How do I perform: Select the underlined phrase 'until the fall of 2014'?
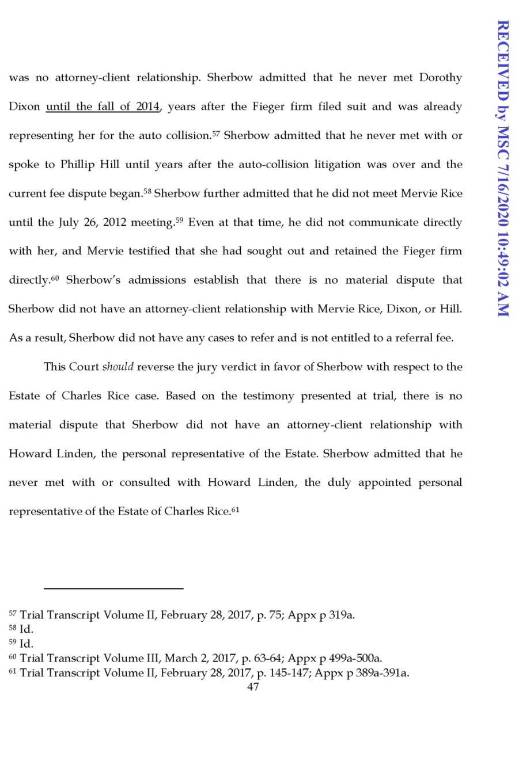[x=103, y=107]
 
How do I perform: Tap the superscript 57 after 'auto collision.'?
[x=216, y=134]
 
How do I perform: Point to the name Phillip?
[x=77, y=165]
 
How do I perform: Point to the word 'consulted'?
[x=145, y=482]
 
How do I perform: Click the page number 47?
[x=253, y=687]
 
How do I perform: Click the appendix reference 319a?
[x=341, y=615]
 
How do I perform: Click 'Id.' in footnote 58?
[x=26, y=629]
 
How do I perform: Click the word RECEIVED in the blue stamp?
[x=502, y=63]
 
